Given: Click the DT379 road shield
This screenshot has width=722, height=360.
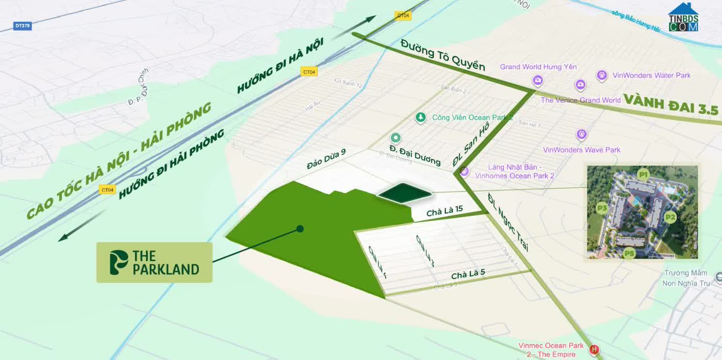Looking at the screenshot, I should [x=22, y=26].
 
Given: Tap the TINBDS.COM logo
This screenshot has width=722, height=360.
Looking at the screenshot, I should [x=683, y=18].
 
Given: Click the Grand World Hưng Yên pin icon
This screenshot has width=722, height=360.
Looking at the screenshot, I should [x=537, y=80].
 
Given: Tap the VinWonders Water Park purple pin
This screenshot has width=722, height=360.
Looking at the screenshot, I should [x=602, y=75].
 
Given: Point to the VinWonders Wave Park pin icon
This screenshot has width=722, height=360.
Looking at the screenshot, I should [x=581, y=134].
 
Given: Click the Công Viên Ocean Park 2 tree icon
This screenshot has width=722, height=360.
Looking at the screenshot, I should [x=421, y=117].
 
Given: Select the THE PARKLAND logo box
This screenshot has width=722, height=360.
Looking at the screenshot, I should [x=154, y=263].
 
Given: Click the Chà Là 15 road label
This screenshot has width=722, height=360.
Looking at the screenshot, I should [x=444, y=211].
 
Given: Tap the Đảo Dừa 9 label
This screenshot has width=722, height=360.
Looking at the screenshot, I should [x=326, y=159].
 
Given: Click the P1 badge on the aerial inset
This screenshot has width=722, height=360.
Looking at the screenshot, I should [x=643, y=174].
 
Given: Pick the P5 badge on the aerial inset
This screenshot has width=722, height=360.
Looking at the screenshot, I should [x=629, y=253].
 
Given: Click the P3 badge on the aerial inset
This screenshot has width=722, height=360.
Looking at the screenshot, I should [x=602, y=208].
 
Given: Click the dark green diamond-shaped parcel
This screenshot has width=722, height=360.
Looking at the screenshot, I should [x=405, y=193].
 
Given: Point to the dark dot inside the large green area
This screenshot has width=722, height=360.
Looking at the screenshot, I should [x=300, y=229].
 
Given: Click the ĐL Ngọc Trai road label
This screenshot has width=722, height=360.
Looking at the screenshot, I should [x=507, y=222].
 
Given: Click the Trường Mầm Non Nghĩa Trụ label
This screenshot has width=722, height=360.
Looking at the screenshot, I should [x=686, y=278].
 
